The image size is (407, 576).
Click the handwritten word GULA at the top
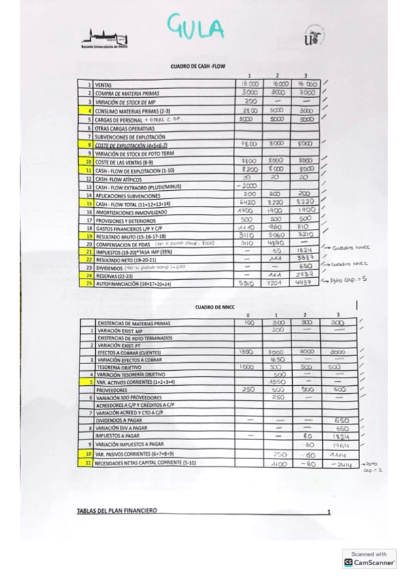tap(197, 29)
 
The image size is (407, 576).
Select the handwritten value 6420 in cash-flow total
tap(249, 202)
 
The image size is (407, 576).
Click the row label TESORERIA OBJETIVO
tap(122, 367)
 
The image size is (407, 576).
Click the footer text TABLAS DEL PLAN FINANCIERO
tap(117, 511)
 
